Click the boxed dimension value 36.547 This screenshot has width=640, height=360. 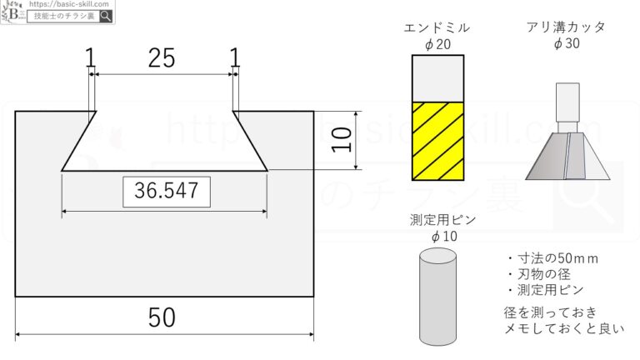coord(167,191)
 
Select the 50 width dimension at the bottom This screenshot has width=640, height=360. coord(162,317)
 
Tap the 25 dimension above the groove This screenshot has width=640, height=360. coord(162,58)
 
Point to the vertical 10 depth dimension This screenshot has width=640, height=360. coord(341,140)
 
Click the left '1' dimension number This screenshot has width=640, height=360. coord(90,57)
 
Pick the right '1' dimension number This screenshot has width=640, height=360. coord(234,57)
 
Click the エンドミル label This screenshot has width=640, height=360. coord(437,27)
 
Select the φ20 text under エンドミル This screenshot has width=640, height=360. coord(437,43)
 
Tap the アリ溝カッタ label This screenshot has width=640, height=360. coord(566,27)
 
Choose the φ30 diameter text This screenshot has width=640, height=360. coord(567,42)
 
